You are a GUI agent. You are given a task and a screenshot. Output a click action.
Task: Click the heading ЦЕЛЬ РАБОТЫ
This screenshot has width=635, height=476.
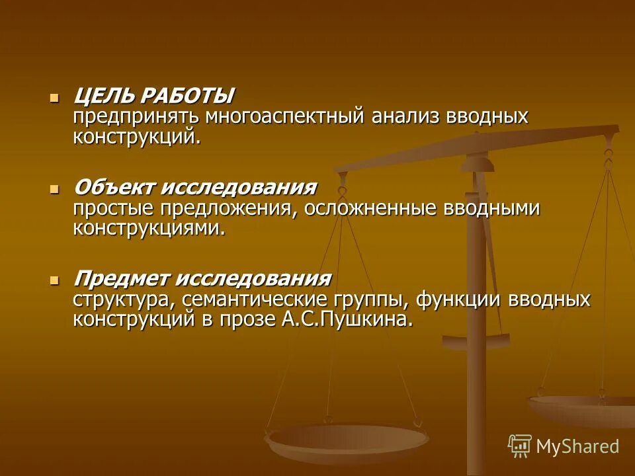click(153, 97)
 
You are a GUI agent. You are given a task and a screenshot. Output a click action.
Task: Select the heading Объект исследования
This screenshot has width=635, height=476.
click(195, 187)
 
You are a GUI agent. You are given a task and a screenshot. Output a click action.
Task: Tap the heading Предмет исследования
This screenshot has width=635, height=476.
click(202, 278)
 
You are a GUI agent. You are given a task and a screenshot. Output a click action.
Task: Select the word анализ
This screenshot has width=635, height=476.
click(407, 117)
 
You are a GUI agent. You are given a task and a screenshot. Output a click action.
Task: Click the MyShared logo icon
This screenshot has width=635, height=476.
click(520, 446)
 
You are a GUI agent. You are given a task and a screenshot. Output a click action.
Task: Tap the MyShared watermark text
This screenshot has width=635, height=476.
click(577, 446)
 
